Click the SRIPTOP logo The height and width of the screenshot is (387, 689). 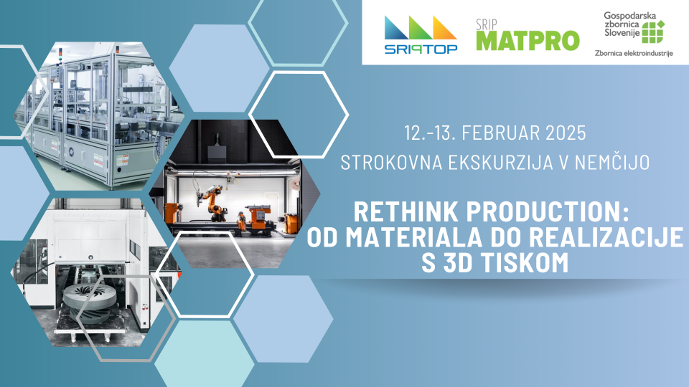click(421, 35)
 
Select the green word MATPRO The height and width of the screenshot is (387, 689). click(528, 41)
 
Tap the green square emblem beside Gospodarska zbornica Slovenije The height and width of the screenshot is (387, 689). click(653, 32)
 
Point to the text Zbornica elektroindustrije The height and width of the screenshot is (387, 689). click(634, 54)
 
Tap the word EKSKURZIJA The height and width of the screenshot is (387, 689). click(500, 163)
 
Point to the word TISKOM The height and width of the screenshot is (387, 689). click(525, 263)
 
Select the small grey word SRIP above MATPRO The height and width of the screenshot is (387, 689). click(487, 24)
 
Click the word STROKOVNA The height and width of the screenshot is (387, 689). click(391, 163)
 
